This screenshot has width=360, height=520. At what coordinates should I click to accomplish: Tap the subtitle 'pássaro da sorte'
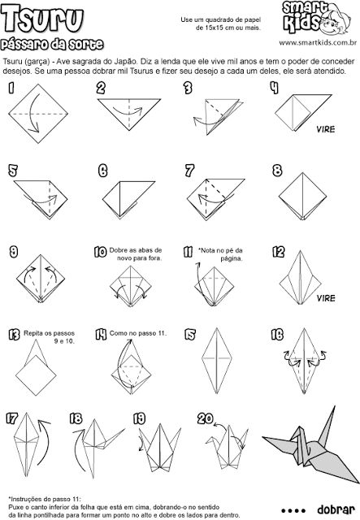click(x=52, y=45)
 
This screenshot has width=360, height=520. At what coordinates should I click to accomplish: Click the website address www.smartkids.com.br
click(x=318, y=43)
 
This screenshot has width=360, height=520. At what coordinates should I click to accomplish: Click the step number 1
click(x=11, y=88)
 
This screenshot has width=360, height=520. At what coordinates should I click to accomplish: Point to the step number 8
click(x=277, y=171)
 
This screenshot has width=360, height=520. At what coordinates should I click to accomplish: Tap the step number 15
click(x=190, y=335)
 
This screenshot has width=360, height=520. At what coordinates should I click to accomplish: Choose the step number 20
click(x=205, y=418)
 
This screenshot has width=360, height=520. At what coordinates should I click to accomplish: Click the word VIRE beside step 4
click(x=326, y=129)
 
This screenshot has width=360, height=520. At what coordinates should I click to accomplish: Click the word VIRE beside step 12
click(x=326, y=298)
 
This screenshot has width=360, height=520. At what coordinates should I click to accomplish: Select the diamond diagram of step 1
click(x=38, y=114)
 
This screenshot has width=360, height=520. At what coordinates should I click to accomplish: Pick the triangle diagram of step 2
click(x=129, y=115)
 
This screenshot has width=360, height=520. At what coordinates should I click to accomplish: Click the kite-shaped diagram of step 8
click(x=302, y=197)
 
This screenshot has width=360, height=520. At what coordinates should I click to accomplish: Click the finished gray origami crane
click(x=310, y=444)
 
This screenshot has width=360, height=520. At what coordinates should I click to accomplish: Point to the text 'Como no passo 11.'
click(x=138, y=333)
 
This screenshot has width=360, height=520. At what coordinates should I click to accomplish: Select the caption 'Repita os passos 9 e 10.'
click(x=49, y=337)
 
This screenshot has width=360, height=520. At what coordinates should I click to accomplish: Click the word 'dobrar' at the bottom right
click(x=336, y=509)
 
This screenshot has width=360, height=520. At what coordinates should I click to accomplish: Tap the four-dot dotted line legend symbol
click(x=293, y=510)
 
